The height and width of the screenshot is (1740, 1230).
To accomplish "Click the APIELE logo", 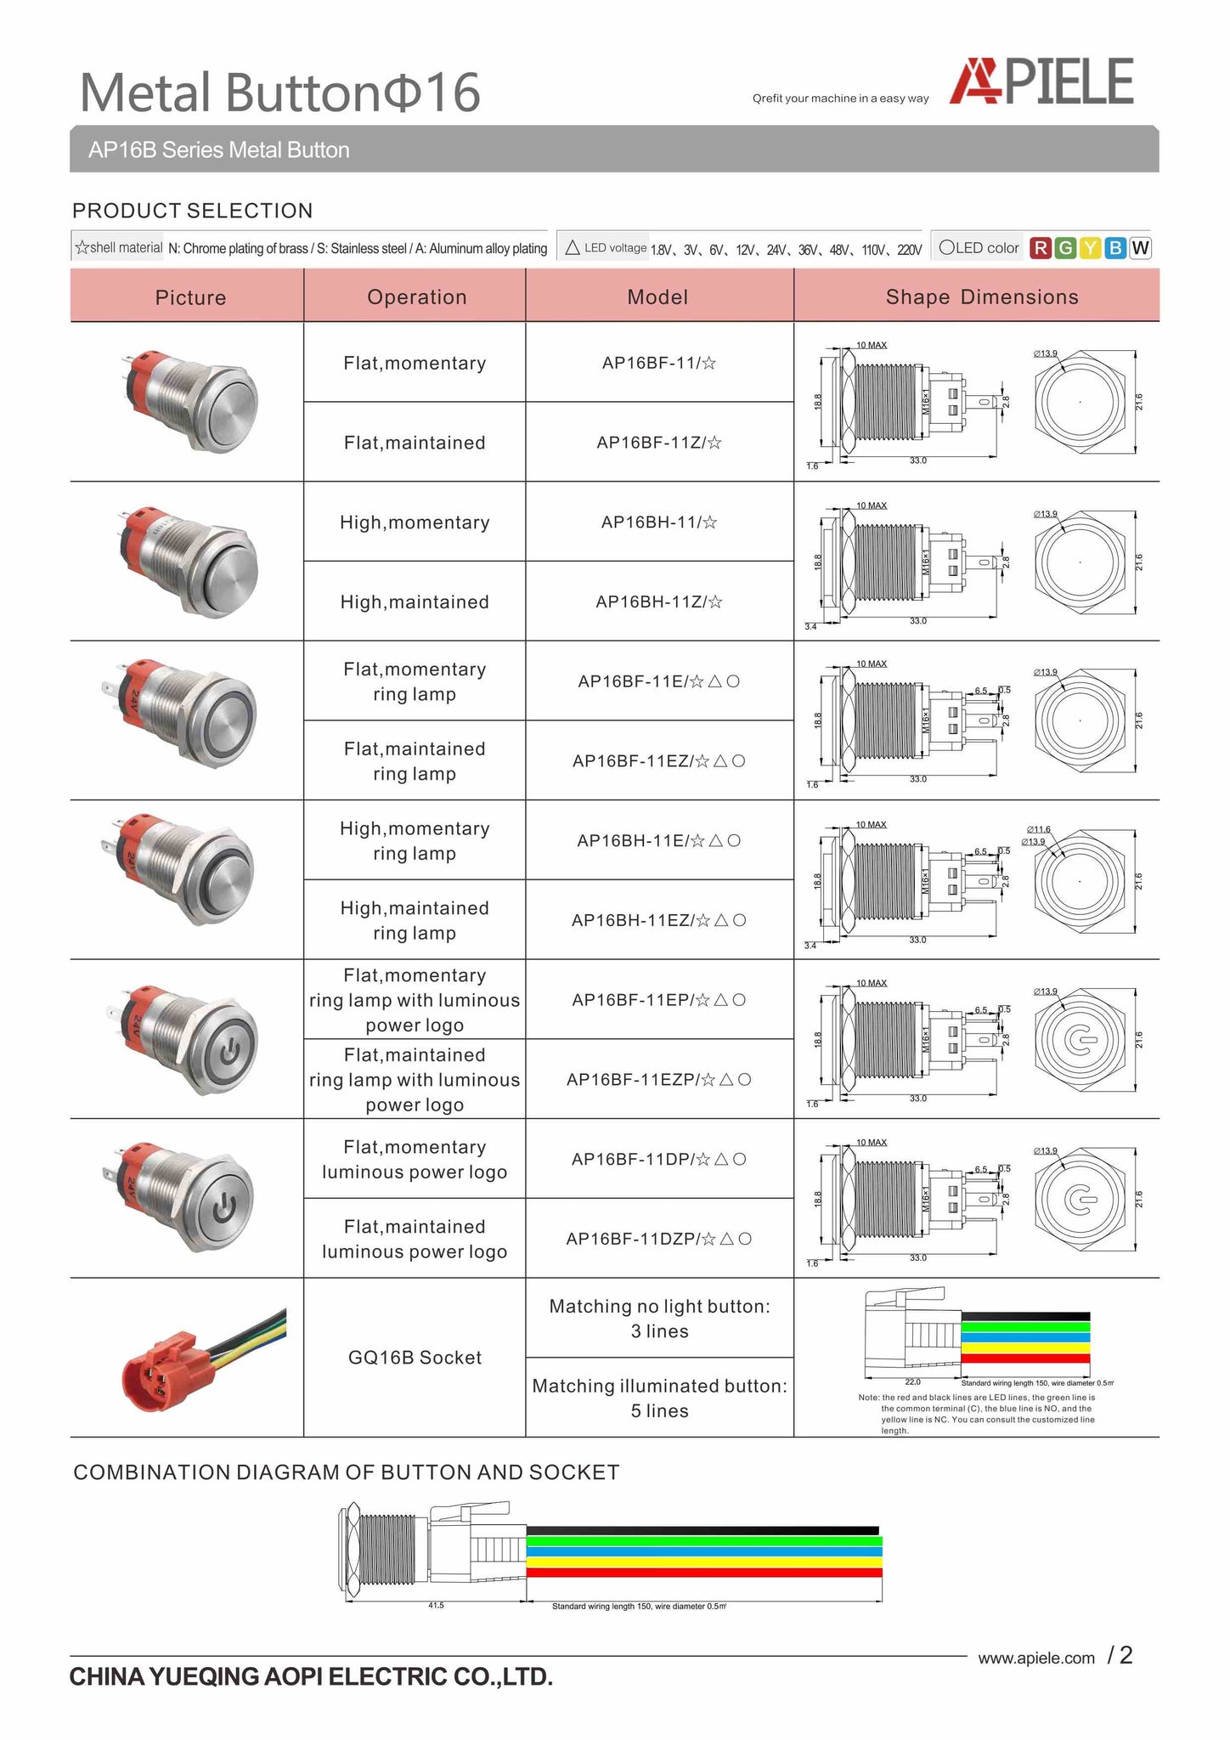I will pyautogui.click(x=1041, y=82).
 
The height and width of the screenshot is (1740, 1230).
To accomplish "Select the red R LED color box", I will pyautogui.click(x=1040, y=248).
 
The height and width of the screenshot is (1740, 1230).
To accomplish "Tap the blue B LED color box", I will pyautogui.click(x=1115, y=248).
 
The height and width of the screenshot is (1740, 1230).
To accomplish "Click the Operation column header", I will pyautogui.click(x=416, y=297).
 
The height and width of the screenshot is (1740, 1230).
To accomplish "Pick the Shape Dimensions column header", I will pyautogui.click(x=981, y=297).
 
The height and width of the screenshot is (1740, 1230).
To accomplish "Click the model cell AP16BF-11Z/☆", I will pyautogui.click(x=659, y=443).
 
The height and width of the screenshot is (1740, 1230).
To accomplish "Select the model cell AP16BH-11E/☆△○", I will pyautogui.click(x=659, y=841).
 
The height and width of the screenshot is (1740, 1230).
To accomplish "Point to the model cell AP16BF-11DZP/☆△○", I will pyautogui.click(x=659, y=1239).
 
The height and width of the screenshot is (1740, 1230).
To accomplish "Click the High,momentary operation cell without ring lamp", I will pyautogui.click(x=415, y=523).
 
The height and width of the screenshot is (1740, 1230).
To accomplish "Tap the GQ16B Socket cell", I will pyautogui.click(x=415, y=1358).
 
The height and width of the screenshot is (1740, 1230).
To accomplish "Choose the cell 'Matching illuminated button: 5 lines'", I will pyautogui.click(x=659, y=1398).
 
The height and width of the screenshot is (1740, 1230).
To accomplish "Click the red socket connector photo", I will pyautogui.click(x=161, y=1368).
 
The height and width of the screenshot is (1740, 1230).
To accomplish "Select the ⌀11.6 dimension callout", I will pyautogui.click(x=1038, y=829).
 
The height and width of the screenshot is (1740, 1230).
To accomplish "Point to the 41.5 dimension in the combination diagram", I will pyautogui.click(x=436, y=1605).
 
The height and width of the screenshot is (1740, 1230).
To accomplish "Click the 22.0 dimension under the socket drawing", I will pyautogui.click(x=912, y=1382).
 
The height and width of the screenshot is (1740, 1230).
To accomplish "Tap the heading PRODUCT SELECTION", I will pyautogui.click(x=193, y=211).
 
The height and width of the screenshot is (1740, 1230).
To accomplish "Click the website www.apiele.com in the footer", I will pyautogui.click(x=1036, y=1658).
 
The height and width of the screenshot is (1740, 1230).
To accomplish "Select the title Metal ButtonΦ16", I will pyautogui.click(x=280, y=92).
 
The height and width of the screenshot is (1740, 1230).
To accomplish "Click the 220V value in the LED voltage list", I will pyautogui.click(x=909, y=250).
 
